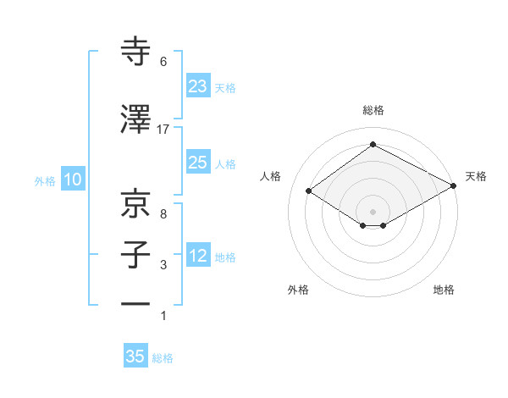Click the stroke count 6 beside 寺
point(163,62)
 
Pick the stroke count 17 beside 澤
point(163,129)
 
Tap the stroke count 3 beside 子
point(163,266)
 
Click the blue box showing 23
point(198,86)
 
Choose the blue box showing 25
point(198,163)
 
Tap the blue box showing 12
point(198,256)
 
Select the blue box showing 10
point(72,180)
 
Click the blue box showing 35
point(135,357)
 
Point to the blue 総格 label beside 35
point(163,358)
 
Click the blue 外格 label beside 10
point(45,180)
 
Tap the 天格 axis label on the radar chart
point(476,176)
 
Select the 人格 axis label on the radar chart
point(270,176)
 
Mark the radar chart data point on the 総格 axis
point(373,145)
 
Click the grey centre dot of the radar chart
point(373,210)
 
